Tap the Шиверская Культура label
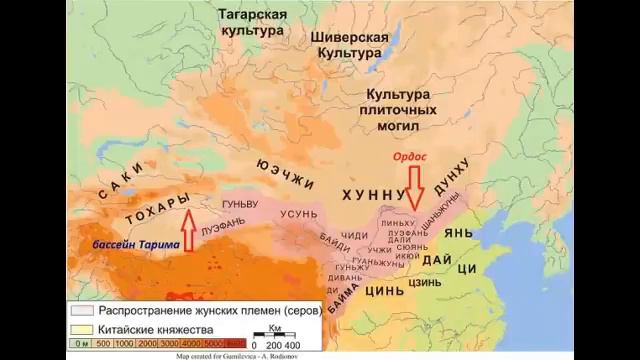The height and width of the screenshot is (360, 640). pyautogui.click(x=347, y=43)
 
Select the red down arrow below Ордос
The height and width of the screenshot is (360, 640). pyautogui.click(x=414, y=186)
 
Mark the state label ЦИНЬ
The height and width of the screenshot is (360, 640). pyautogui.click(x=385, y=292)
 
